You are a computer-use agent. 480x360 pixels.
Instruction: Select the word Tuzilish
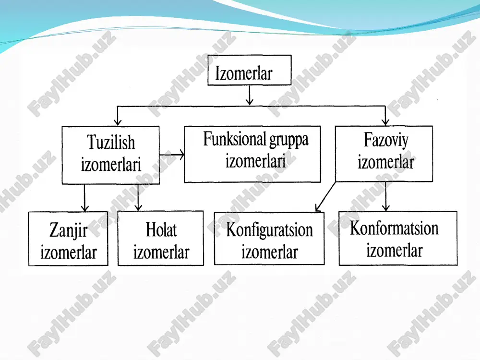coord(111,143)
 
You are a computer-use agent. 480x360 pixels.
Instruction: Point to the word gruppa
coord(289,141)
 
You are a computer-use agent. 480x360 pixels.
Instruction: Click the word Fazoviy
coord(386,141)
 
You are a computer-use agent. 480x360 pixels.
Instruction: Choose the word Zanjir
coord(68,230)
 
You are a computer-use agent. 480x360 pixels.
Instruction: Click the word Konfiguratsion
coord(269,230)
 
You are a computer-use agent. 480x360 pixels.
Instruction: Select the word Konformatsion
coord(394,228)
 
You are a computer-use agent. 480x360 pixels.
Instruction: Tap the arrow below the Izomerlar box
coord(250,95)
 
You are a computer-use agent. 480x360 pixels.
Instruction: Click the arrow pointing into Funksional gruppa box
coord(172,155)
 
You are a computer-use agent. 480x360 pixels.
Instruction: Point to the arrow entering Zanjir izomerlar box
coord(85,198)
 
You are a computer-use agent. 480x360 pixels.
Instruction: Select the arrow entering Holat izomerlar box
coord(138,197)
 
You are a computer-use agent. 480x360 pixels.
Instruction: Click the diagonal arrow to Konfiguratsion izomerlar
coord(325,197)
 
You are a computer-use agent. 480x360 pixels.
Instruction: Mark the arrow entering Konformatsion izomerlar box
coord(386,196)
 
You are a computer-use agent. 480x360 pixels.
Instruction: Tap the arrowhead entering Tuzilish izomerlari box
coord(118,122)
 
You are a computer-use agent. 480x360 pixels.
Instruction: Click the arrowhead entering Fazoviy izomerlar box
coord(385,121)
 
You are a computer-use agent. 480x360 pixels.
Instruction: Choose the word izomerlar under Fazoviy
coord(386,162)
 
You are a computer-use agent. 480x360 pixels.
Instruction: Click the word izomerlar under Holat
coord(161,252)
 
